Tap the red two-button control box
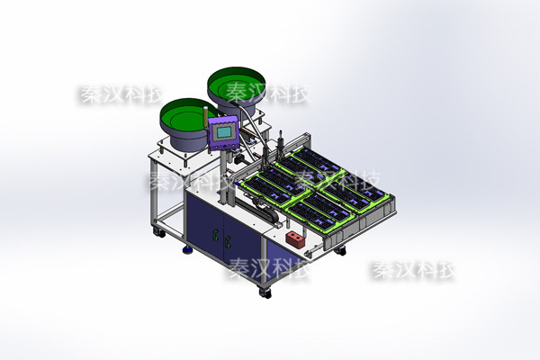(x=295, y=239)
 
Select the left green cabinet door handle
(x=216, y=235)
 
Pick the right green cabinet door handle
(x=228, y=242)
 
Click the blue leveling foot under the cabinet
(x=188, y=249)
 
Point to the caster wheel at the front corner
(x=265, y=292)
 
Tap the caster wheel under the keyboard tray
(x=340, y=251)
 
